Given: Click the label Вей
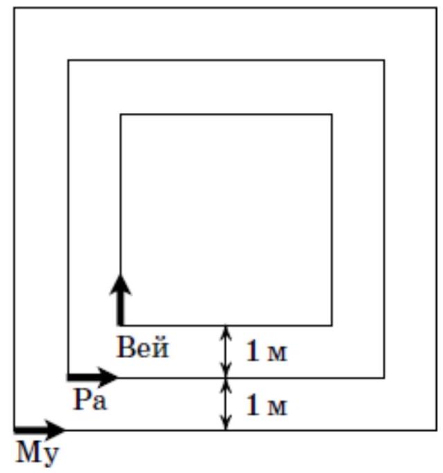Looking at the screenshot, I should (x=143, y=348).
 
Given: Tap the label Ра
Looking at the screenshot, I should (x=89, y=401).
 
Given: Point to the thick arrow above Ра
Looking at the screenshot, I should (x=93, y=377).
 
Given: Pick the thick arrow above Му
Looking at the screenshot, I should (x=39, y=430).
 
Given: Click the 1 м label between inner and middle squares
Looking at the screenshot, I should (x=266, y=352).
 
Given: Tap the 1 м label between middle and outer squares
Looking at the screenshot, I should (x=266, y=405).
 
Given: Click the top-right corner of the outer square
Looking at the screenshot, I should (x=437, y=8).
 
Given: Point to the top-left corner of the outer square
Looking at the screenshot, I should (x=14, y=8).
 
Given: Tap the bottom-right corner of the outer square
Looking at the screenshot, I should (x=437, y=430).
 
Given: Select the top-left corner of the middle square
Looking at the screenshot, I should (x=68, y=60).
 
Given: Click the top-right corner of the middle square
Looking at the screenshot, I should (x=384, y=60).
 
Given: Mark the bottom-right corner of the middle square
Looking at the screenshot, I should (x=384, y=377).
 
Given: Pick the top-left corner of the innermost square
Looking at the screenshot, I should (x=121, y=114).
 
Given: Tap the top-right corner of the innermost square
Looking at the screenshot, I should (x=332, y=114).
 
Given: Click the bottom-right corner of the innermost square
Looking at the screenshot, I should (x=332, y=325).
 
